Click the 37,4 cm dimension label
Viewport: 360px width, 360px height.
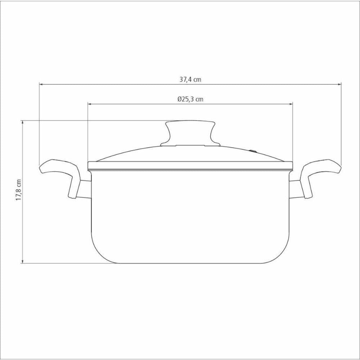click(190, 80)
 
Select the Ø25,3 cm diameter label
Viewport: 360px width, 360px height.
click(190, 99)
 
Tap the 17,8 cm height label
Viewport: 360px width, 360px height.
click(19, 190)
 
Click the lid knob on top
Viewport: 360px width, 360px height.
click(190, 133)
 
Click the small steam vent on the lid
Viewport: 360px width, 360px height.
click(253, 151)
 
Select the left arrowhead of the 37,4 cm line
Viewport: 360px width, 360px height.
click(41, 85)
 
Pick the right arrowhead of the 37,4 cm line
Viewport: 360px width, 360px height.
click(339, 85)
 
